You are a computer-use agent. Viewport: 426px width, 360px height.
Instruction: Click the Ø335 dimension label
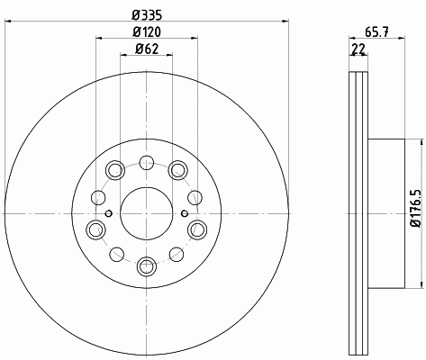tap(147, 14)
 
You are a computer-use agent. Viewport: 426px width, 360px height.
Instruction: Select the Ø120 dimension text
tap(147, 31)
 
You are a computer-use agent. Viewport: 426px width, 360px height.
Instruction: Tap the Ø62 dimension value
tap(147, 49)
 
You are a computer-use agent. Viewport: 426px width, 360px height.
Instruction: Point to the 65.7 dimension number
tap(376, 31)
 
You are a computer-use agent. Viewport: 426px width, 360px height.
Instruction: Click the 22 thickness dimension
tap(358, 49)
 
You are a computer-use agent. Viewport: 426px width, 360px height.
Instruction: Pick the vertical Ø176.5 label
tap(417, 209)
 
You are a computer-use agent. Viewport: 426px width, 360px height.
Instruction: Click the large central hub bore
tap(147, 213)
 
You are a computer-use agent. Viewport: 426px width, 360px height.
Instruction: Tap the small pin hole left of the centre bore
tap(109, 213)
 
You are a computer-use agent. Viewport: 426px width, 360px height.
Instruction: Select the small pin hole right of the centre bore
tap(185, 213)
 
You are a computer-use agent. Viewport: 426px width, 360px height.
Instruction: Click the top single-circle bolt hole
tap(147, 163)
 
